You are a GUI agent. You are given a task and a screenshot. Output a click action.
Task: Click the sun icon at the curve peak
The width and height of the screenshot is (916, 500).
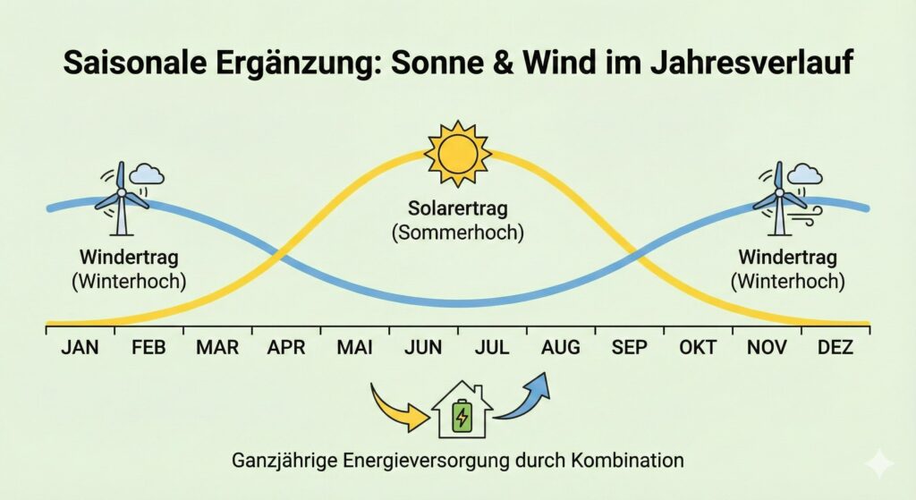pyautogui.click(x=458, y=154)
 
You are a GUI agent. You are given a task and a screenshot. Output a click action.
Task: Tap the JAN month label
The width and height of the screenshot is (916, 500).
pyautogui.click(x=80, y=348)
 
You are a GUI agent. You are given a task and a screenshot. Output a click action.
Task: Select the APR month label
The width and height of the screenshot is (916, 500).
pyautogui.click(x=286, y=348)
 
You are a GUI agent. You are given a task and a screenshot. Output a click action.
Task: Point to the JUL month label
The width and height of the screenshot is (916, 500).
pyautogui.click(x=492, y=348)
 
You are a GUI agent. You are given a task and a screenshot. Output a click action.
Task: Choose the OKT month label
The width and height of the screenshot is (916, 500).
pyautogui.click(x=698, y=348)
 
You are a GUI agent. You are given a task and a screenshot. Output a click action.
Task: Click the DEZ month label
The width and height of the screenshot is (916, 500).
pyautogui.click(x=835, y=348)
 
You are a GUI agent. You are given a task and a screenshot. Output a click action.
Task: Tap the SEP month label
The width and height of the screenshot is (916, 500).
pyautogui.click(x=629, y=348)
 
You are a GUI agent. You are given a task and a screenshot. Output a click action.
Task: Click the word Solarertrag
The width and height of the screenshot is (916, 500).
pyautogui.click(x=458, y=208)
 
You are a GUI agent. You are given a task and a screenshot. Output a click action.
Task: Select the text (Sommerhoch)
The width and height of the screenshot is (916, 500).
pyautogui.click(x=458, y=233)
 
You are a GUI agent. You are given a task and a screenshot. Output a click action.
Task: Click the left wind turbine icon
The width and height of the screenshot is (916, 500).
pyautogui.click(x=121, y=199)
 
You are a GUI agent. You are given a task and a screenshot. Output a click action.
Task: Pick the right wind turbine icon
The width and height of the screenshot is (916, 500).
pyautogui.click(x=780, y=199)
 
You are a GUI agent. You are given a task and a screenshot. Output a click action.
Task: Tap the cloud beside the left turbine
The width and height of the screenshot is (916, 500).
pyautogui.click(x=147, y=174)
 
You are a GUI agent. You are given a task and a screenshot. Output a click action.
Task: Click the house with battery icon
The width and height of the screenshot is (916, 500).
pyautogui.click(x=462, y=411)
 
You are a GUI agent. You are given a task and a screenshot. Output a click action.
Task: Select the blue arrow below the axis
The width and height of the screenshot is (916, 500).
pyautogui.click(x=522, y=397)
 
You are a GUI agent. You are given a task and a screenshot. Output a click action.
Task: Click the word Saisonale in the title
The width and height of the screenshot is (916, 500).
pyautogui.click(x=135, y=63)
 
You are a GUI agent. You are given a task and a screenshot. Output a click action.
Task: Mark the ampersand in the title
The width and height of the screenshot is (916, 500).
pyautogui.click(x=501, y=63)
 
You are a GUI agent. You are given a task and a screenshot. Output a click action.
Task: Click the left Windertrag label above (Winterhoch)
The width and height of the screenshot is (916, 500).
pyautogui.click(x=129, y=257)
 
